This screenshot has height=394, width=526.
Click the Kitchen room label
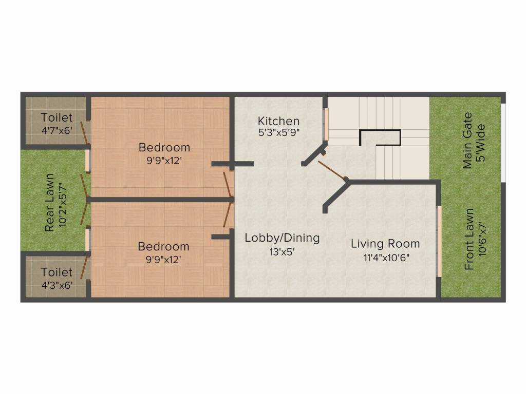[x=278, y=121]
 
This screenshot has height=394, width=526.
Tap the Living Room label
[x=385, y=244]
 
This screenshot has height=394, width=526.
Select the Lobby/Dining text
[x=282, y=238]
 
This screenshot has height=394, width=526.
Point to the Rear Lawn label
[x=49, y=202]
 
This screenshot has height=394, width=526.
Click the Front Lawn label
[x=469, y=239]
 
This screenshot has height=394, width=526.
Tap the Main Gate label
[x=467, y=141]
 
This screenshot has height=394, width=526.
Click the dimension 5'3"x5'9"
[x=279, y=133]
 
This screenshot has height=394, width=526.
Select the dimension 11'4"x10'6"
[x=386, y=258]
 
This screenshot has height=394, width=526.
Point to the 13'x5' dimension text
[x=282, y=251]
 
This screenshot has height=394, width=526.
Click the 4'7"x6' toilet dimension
[x=57, y=130]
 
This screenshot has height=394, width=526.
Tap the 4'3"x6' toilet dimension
[x=57, y=285]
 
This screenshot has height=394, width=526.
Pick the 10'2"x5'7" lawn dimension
[x=63, y=205]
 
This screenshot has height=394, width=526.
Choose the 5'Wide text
[x=481, y=143]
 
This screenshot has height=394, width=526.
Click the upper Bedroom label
[x=164, y=147]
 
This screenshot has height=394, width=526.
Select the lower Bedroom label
[x=164, y=246]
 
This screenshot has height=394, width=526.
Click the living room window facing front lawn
[x=439, y=241]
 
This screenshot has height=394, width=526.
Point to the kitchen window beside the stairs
[x=325, y=124]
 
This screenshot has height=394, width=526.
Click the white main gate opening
[x=503, y=143]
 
